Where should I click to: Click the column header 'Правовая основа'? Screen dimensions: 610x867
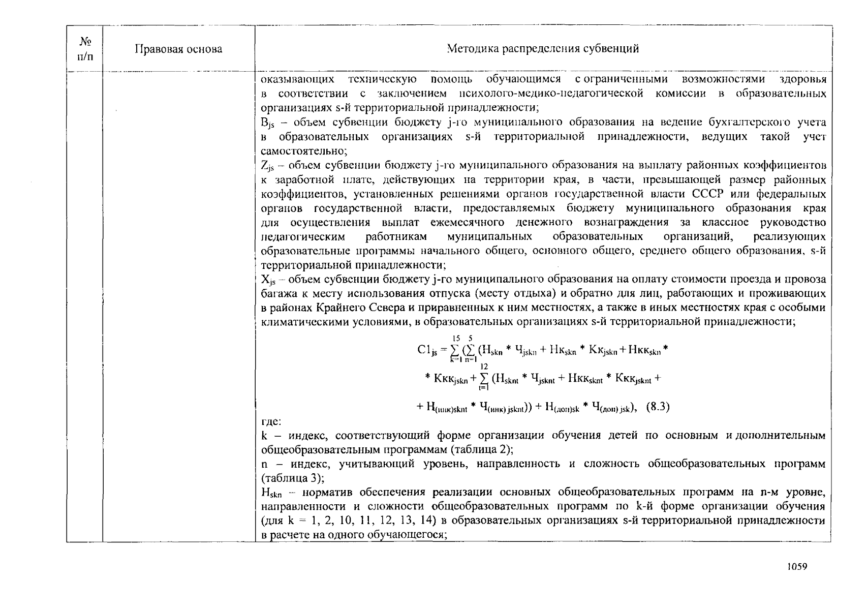tap(178, 49)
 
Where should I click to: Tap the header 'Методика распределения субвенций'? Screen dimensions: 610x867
tap(543, 49)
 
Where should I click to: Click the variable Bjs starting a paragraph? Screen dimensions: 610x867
tap(267, 123)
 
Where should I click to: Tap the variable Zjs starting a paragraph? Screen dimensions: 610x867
tap(267, 166)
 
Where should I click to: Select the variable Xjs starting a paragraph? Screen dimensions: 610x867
tap(268, 280)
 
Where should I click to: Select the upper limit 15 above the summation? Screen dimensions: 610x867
tap(456, 337)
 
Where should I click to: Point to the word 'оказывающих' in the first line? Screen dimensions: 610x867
tap(297, 79)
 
